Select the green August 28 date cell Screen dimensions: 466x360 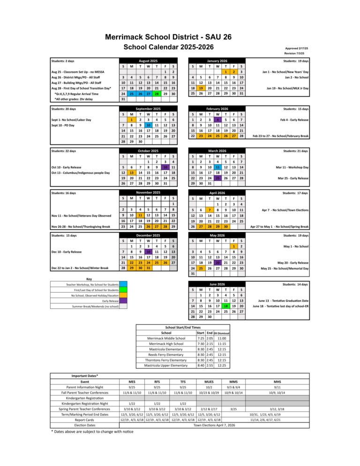(157, 93)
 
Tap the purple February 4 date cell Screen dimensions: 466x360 (217, 120)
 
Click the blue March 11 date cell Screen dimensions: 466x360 (217, 167)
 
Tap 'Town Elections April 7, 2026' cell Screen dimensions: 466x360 (214, 425)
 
